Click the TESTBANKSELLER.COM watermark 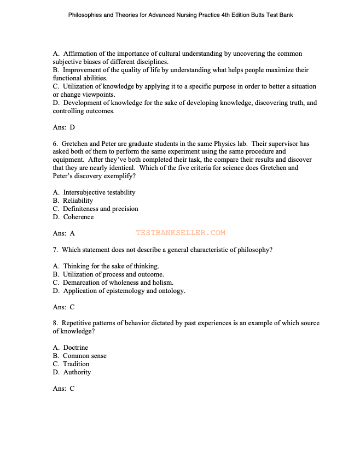coord(181,233)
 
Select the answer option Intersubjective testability coord(98,192)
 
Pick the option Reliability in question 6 coord(78,201)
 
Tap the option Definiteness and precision coord(100,209)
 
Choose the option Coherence coord(78,217)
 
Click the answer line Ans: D coord(63,127)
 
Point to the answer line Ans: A coord(63,233)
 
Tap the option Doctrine coord(76,348)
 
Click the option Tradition coord(76,364)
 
